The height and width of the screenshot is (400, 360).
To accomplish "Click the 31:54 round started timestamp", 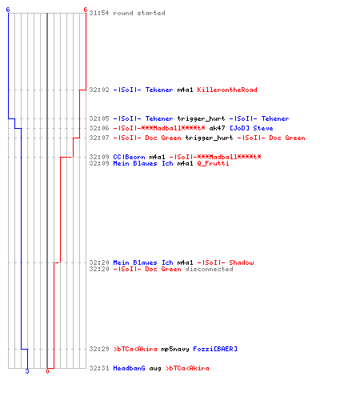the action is (x=99, y=13).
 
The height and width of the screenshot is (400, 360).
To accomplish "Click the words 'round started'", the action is (x=139, y=13).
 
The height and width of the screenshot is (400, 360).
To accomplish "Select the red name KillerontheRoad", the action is (x=227, y=90).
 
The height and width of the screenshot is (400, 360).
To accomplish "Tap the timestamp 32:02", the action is (x=99, y=90).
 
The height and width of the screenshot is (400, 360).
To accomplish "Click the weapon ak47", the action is (x=217, y=128).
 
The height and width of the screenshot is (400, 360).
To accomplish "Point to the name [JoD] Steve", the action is (x=251, y=128).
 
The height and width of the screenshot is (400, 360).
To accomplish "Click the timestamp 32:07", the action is (x=99, y=138).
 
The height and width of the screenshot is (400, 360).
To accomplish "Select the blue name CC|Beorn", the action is (x=129, y=157).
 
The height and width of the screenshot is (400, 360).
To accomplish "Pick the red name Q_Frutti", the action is (x=213, y=163).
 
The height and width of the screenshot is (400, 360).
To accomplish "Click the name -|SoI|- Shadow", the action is (x=225, y=262).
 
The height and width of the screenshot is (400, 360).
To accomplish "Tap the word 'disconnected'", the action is (x=209, y=269).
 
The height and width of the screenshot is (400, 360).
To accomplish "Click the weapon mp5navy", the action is (x=175, y=349).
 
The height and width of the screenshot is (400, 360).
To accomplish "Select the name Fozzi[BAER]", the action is (x=215, y=349).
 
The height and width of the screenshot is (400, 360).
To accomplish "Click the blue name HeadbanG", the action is (x=129, y=368).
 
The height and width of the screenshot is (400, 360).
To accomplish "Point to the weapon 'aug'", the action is (x=155, y=369).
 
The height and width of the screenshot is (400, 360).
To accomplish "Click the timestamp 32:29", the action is (x=99, y=349).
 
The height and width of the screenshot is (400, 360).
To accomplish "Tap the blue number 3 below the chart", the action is (x=27, y=371).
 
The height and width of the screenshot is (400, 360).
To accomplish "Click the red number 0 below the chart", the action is (x=47, y=371).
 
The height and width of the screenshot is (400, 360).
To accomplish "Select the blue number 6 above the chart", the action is (x=8, y=10).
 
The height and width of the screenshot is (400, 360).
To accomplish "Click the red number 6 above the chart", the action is (x=85, y=10).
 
